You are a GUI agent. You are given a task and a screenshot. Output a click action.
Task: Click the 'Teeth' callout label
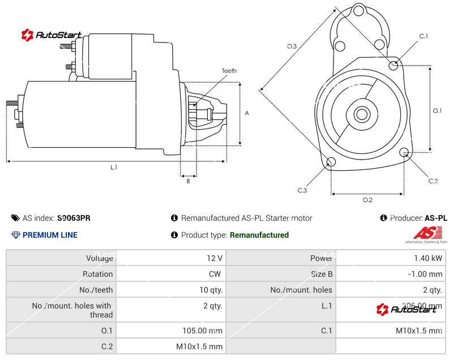click(229, 71)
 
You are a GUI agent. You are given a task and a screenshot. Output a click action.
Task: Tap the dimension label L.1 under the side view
click(114, 168)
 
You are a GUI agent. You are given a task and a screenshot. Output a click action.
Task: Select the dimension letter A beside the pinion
click(247, 113)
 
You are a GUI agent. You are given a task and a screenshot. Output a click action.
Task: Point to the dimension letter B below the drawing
click(188, 181)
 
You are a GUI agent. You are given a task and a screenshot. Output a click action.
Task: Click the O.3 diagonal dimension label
click(292, 46)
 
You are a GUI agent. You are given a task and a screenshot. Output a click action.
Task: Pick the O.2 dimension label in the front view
click(367, 200)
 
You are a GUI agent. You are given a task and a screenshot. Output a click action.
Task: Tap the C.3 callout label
click(302, 190)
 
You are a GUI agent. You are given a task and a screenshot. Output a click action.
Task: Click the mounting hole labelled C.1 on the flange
click(394, 65)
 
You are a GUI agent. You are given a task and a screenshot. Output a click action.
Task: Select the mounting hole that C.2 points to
click(404, 152)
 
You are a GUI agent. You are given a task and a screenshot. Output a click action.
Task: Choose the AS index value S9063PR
click(74, 218)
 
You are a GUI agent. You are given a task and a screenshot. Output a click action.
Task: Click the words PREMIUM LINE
click(50, 235)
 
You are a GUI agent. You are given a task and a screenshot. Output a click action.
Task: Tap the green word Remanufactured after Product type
click(259, 235)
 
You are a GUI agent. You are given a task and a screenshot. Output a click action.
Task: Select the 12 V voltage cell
click(215, 258)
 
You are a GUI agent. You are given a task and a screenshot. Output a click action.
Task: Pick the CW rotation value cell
click(216, 274)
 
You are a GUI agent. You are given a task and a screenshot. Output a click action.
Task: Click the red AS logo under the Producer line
click(426, 233)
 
